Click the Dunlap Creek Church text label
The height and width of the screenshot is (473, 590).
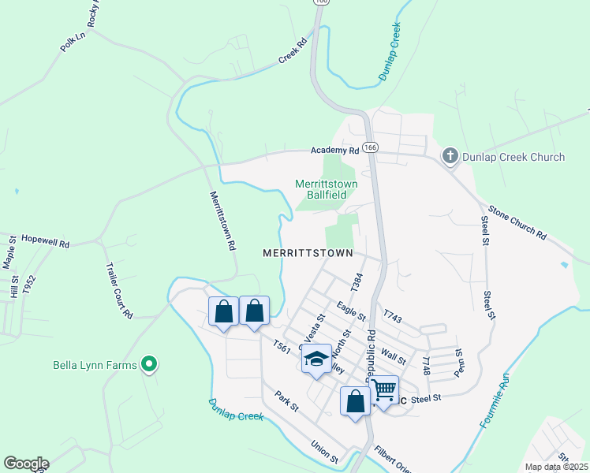[x=514, y=157]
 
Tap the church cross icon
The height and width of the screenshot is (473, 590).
[x=450, y=156]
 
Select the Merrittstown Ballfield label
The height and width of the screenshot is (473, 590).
[x=326, y=189]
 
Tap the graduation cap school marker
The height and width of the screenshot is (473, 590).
[x=316, y=359]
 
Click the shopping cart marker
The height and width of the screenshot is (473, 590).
[x=384, y=389]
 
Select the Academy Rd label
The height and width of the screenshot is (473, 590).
[x=334, y=150]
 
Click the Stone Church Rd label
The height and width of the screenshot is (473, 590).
[x=517, y=222]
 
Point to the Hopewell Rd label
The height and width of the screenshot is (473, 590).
[x=45, y=239]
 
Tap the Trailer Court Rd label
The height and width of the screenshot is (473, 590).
[x=118, y=290]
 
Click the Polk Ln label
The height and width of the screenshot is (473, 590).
[x=73, y=42]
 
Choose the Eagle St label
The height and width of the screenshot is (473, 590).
[x=351, y=311]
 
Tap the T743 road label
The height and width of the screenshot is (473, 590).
[x=394, y=318]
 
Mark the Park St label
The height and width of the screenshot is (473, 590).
[x=286, y=401]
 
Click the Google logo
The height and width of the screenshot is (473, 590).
[x=26, y=464]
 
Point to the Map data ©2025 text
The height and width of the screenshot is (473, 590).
[x=556, y=467]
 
